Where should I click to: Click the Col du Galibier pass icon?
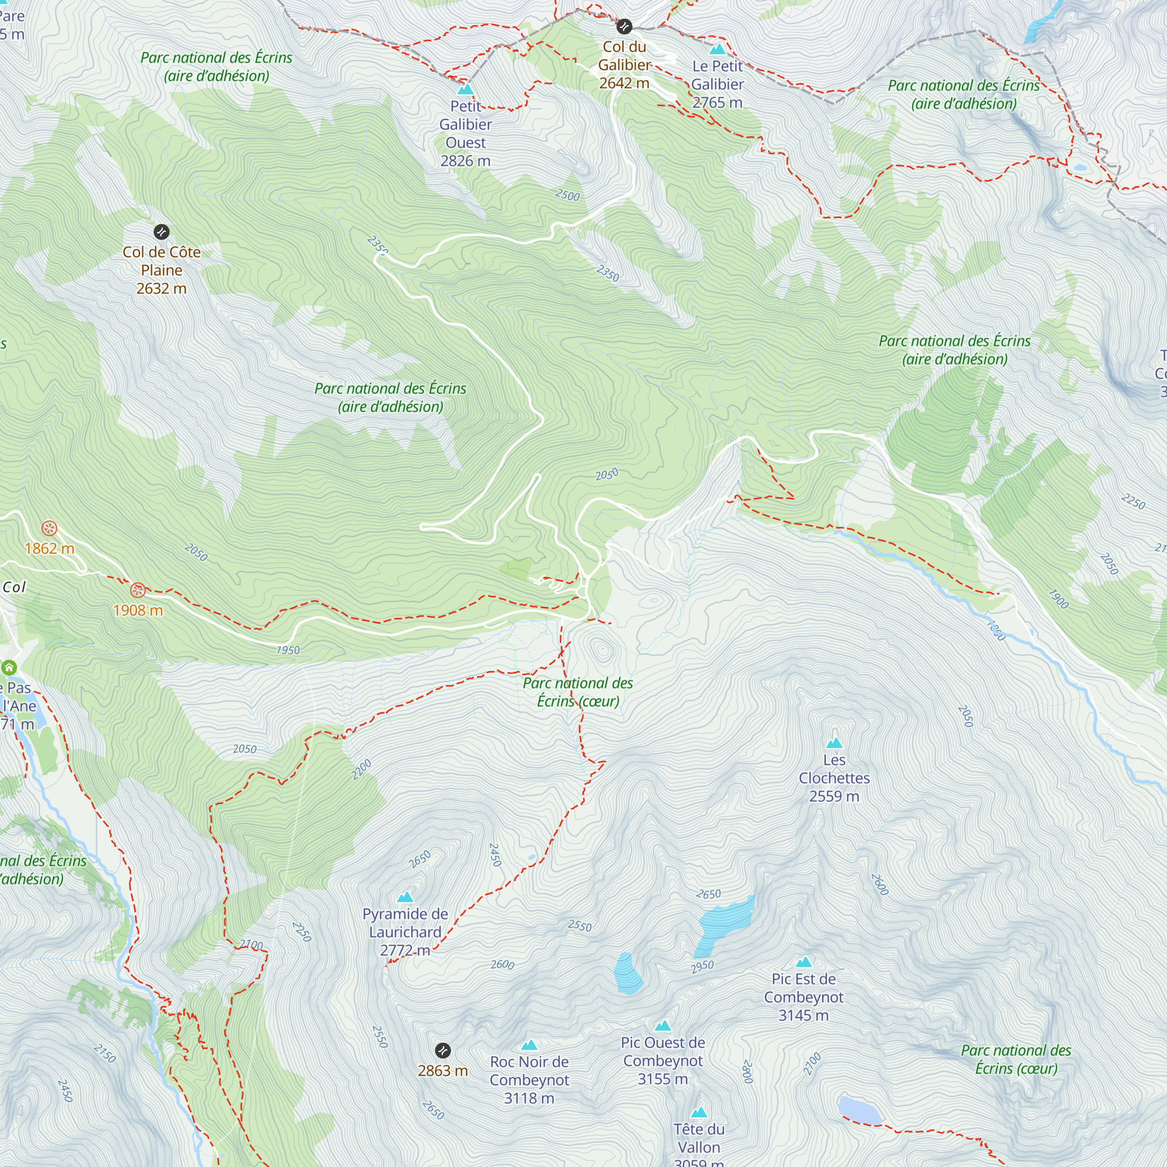(624, 27)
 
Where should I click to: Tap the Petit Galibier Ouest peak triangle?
(465, 89)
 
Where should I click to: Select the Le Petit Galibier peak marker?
(718, 49)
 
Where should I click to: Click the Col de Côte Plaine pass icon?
(161, 232)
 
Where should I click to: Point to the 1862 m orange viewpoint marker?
(50, 529)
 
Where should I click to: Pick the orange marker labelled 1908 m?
(138, 590)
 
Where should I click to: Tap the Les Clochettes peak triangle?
(834, 743)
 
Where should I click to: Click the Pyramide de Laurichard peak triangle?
(406, 897)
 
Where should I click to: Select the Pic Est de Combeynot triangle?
(803, 962)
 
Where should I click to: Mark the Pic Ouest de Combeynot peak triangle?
(663, 1026)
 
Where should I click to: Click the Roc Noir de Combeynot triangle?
(529, 1045)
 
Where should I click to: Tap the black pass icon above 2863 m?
(443, 1050)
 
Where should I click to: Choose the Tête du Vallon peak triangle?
(699, 1113)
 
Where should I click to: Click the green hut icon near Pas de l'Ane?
(9, 668)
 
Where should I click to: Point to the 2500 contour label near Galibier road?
(567, 195)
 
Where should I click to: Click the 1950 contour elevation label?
(288, 651)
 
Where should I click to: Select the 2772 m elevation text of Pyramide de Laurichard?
(405, 950)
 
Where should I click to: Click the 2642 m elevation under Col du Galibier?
(624, 83)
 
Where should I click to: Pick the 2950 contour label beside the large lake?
(703, 967)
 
